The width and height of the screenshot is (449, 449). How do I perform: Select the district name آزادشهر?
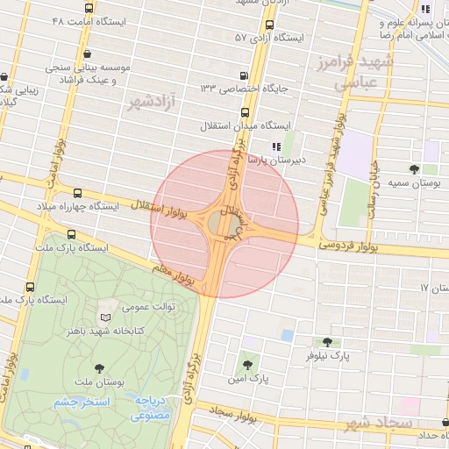click(x=150, y=103)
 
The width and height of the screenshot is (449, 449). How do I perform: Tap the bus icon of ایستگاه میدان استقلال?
click(x=245, y=112)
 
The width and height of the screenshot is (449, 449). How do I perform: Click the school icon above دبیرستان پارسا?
click(x=276, y=147)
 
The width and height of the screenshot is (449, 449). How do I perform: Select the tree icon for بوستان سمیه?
click(x=414, y=168)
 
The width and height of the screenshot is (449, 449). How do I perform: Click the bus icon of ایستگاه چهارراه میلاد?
click(x=78, y=193)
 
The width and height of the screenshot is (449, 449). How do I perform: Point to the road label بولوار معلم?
click(x=173, y=274)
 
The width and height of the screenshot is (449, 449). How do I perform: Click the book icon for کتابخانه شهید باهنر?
click(x=106, y=317)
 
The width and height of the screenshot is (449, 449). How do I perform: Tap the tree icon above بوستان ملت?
click(x=97, y=369)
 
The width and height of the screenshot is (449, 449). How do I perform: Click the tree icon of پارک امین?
click(x=247, y=366)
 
